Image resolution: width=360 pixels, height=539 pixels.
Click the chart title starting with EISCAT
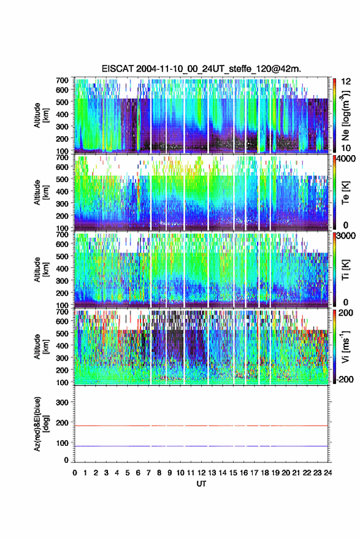[x=201, y=69]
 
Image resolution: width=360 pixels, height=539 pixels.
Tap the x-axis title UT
[x=201, y=484]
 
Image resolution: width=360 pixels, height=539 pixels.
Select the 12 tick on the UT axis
[x=202, y=473]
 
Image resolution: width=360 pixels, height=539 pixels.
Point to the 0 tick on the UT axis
[x=75, y=473]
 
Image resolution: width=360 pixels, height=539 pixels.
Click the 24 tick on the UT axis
[x=328, y=473]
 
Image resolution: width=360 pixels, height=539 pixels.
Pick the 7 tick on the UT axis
[x=148, y=473]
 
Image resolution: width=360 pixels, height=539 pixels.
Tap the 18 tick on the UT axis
[x=265, y=473]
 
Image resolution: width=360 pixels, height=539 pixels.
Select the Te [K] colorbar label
[x=345, y=193]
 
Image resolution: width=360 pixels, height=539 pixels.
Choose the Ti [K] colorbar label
[x=345, y=270]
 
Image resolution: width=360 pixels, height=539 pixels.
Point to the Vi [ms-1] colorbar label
[x=345, y=346]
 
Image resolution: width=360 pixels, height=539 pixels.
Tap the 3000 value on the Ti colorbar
[x=347, y=236]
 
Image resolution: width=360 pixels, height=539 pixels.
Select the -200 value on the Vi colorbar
[x=345, y=380]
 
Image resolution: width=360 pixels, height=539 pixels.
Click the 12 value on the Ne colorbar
[x=347, y=82]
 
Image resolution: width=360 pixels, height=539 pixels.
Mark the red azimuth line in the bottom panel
[x=201, y=426]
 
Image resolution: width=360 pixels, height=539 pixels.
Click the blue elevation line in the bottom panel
[x=201, y=446]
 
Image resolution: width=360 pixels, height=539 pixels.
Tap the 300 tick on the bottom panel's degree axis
[x=62, y=402]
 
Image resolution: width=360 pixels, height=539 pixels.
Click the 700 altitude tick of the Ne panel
[x=62, y=80]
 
